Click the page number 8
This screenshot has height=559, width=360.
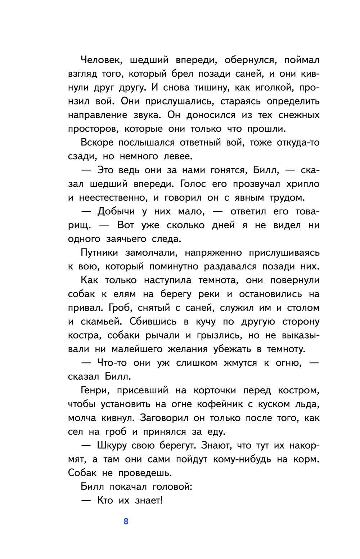pyautogui.click(x=126, y=521)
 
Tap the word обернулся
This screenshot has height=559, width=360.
pyautogui.click(x=251, y=60)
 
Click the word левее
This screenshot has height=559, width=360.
pyautogui.click(x=178, y=156)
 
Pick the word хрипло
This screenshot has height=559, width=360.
pyautogui.click(x=303, y=184)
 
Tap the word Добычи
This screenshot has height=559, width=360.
pyautogui.click(x=116, y=211)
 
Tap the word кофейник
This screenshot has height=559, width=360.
pyautogui.click(x=220, y=404)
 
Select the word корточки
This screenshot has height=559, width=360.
pyautogui.click(x=215, y=390)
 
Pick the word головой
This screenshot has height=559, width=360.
pyautogui.click(x=172, y=487)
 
